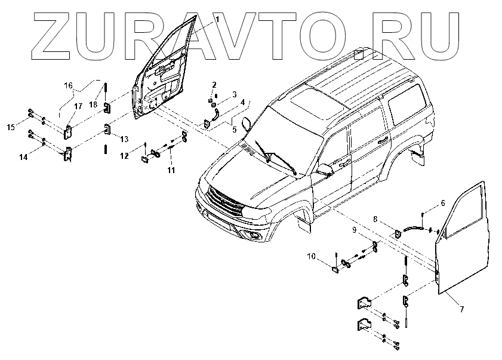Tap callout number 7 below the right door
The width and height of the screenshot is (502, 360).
(461, 309)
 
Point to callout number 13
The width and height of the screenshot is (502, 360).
(124, 139)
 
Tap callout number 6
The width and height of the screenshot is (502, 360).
(442, 204)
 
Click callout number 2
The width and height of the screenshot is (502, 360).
(214, 85)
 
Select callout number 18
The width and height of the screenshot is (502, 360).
(93, 104)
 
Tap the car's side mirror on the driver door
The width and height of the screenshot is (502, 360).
(325, 170)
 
